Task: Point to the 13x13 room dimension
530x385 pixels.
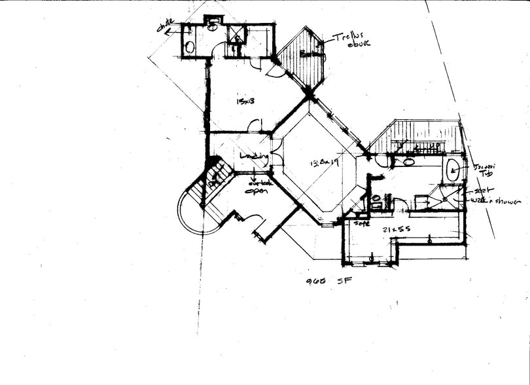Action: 245,101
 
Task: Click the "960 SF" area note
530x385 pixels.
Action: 325,282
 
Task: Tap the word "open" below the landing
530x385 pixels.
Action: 253,191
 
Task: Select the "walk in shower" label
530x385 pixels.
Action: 496,201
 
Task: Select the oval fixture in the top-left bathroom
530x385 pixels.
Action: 190,47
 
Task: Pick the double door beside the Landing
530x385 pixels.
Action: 277,158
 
